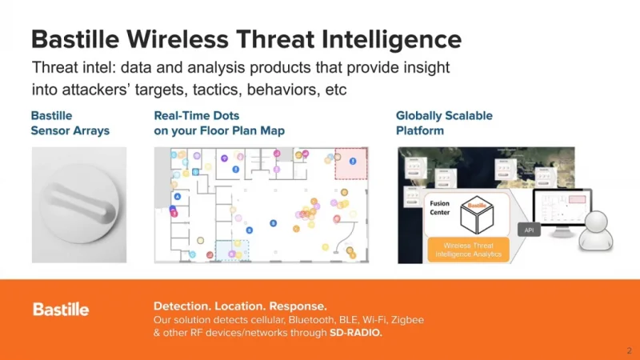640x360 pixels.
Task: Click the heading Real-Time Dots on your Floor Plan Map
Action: (218, 123)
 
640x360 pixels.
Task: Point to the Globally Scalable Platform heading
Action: (444, 123)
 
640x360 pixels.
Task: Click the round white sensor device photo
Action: (78, 205)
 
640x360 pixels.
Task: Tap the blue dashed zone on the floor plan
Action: (233, 250)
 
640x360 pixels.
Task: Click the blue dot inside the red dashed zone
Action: (353, 161)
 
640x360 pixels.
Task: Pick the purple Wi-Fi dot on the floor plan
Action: (224, 158)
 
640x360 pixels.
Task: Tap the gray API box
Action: (529, 230)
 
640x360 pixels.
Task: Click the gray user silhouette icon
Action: (597, 233)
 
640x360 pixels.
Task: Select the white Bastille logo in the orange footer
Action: (61, 310)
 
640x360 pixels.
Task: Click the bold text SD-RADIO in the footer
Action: (356, 333)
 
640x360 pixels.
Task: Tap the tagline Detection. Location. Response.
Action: (240, 306)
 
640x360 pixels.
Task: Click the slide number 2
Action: (629, 350)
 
